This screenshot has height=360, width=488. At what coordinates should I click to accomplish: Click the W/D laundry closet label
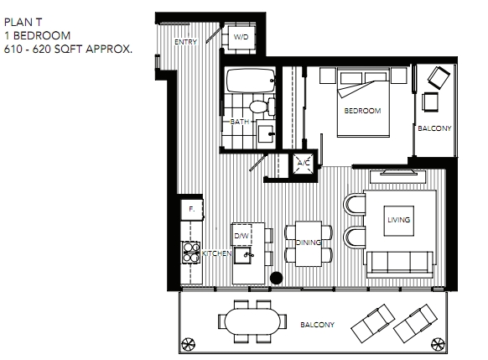[x=241, y=37]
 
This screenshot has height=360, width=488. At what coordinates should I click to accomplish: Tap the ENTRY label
[x=186, y=42]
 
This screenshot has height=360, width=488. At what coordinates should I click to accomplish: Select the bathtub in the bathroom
[x=251, y=81]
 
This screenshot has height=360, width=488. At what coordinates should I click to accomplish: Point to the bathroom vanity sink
[x=266, y=134]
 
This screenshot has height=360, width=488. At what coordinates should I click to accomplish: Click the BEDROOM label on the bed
[x=362, y=111]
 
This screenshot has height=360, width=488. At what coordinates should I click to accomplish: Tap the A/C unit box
[x=304, y=163]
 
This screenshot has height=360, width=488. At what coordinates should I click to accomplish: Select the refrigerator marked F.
[x=192, y=209]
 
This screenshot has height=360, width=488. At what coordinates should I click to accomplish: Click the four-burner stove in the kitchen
[x=191, y=253]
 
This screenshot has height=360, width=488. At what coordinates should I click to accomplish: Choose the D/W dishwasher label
[x=241, y=236]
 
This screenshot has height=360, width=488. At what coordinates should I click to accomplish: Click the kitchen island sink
[x=243, y=255]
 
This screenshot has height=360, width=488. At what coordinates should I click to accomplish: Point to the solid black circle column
[x=276, y=278]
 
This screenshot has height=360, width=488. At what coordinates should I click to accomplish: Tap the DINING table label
[x=309, y=243]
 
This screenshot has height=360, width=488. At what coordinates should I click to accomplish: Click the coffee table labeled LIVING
[x=398, y=221]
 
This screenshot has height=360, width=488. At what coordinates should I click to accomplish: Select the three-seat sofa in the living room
[x=400, y=264]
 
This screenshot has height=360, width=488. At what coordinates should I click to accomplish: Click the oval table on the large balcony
[x=252, y=321]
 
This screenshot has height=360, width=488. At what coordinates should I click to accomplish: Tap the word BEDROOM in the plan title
[x=42, y=35]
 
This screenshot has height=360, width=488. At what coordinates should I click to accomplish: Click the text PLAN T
[x=23, y=22]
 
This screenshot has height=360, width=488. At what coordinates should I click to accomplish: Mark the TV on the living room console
[x=397, y=172]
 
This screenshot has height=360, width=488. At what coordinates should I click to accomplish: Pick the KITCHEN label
[x=217, y=253]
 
